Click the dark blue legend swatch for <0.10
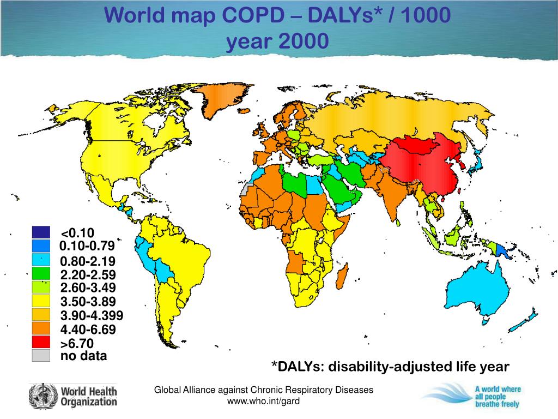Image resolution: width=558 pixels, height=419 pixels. (41, 233)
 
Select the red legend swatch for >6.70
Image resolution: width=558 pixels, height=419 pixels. (41, 343)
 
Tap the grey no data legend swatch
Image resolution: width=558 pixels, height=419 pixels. (41, 356)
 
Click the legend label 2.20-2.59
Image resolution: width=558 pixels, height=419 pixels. (88, 275)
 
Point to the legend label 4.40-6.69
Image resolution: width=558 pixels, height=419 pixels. (88, 330)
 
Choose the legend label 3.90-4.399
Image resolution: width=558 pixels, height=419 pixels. (92, 316)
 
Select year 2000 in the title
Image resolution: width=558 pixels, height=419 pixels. (277, 41)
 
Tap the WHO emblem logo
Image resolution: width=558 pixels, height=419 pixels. (43, 396)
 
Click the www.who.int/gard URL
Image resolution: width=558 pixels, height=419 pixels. (264, 401)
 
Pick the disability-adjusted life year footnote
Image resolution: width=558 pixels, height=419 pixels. (391, 367)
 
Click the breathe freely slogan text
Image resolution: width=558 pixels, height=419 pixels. (497, 404)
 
